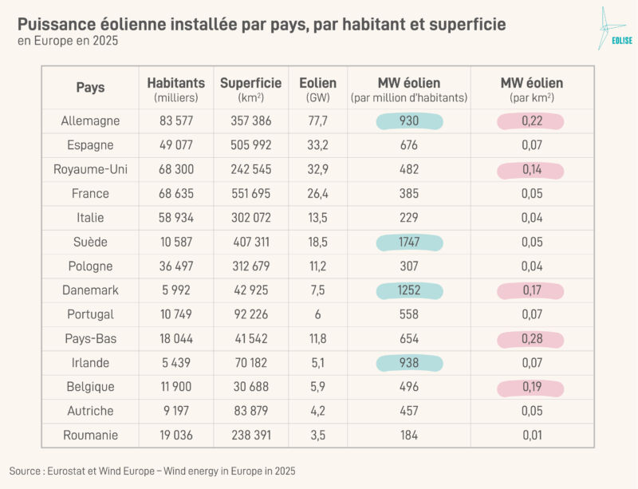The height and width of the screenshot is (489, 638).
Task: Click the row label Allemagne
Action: [90, 121]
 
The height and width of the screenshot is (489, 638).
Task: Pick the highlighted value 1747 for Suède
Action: [409, 243]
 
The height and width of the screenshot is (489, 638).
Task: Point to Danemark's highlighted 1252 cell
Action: [409, 290]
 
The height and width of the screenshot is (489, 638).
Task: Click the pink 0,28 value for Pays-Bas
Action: [531, 339]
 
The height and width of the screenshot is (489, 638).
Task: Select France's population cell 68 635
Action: [175, 194]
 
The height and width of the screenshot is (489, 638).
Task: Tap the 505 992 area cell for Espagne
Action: [250, 145]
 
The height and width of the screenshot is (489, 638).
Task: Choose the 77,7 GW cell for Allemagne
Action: [317, 121]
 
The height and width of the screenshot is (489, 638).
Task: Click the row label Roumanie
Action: [90, 436]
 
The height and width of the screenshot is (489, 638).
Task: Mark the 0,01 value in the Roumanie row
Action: [531, 436]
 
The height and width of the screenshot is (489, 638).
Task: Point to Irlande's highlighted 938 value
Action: [409, 363]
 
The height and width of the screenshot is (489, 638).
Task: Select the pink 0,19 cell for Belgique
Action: [531, 387]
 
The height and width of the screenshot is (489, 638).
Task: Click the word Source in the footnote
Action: [26, 471]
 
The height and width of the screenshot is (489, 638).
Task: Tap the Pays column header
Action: [90, 88]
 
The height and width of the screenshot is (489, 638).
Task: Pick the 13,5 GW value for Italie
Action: [317, 218]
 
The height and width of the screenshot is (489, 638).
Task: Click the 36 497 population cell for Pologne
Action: [175, 266]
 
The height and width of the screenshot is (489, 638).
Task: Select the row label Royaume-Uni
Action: [90, 170]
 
